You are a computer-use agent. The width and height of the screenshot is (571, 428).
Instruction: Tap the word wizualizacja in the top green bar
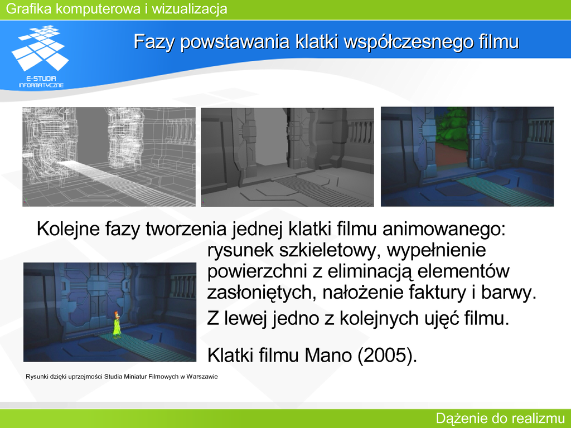click(x=190, y=8)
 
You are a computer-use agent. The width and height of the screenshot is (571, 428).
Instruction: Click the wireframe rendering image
click(x=109, y=157)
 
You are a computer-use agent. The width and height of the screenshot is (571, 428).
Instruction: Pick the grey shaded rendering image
click(x=287, y=157)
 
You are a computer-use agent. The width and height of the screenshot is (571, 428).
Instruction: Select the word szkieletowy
click(x=328, y=250)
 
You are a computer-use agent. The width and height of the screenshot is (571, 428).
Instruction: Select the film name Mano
click(x=328, y=355)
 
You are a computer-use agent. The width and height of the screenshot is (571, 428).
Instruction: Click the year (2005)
click(x=387, y=355)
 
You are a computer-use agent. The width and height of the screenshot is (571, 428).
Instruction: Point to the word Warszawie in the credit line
click(x=202, y=377)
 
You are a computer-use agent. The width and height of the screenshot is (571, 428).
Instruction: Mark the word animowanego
click(x=444, y=229)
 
